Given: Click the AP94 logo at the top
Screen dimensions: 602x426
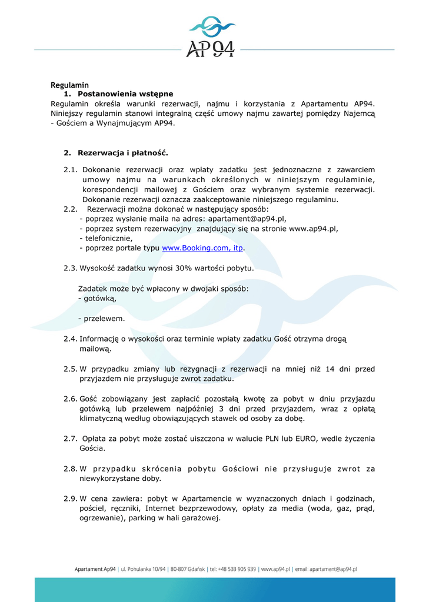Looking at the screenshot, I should (211, 38).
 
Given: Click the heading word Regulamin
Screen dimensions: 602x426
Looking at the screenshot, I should (69, 85).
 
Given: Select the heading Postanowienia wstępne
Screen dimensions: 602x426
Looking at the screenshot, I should (125, 94).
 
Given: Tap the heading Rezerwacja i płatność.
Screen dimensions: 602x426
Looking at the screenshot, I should (123, 153).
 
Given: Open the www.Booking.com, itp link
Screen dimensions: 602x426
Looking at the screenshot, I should (202, 248).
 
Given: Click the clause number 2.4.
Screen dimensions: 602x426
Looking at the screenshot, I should (70, 339).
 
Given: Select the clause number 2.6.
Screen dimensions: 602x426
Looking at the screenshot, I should (70, 399).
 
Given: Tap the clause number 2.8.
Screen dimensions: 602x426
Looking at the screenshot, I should (70, 469).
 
